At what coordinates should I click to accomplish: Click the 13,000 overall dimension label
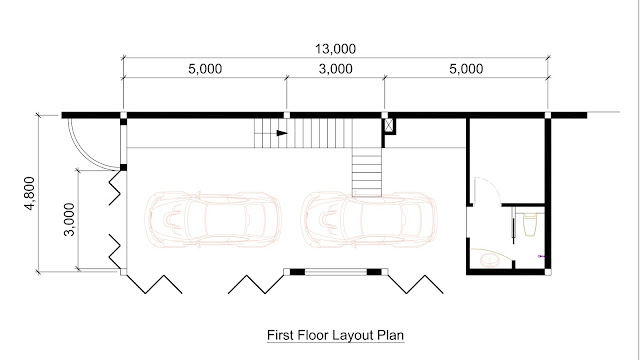tap(335, 49)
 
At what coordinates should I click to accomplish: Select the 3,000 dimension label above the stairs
tap(336, 69)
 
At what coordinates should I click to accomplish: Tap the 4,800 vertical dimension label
tap(30, 193)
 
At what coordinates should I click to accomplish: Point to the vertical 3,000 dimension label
tap(69, 219)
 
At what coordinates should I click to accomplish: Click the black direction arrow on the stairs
tap(282, 133)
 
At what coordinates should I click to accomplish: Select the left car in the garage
tap(213, 220)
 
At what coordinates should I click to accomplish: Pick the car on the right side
tap(369, 220)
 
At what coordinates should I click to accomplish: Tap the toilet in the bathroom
tap(529, 225)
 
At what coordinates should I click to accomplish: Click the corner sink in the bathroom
tap(488, 258)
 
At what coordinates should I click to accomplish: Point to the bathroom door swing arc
tap(494, 184)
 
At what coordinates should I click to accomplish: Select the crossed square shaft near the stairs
tap(389, 126)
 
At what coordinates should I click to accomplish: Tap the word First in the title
tap(280, 335)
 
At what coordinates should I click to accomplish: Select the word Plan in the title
tap(391, 335)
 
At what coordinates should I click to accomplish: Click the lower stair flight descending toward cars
tap(367, 172)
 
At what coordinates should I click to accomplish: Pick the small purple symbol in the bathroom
tap(541, 256)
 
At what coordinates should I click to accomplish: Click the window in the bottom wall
tap(336, 272)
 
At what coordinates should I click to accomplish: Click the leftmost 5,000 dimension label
tap(205, 69)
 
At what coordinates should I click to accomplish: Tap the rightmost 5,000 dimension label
tap(466, 69)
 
